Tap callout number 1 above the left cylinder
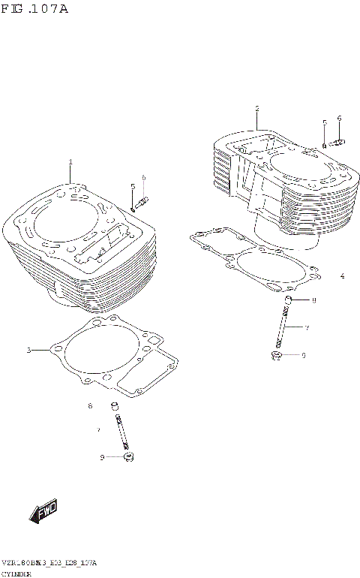[70, 162]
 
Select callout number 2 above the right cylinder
[256, 108]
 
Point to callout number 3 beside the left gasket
[28, 351]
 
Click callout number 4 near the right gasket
[342, 276]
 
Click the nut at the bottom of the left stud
[127, 456]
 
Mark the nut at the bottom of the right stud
[276, 354]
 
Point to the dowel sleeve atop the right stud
[287, 301]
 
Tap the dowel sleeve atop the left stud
[115, 407]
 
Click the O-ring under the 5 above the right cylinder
[324, 145]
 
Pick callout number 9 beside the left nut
[102, 456]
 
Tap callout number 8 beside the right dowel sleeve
[313, 301]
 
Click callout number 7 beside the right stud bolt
[306, 327]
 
